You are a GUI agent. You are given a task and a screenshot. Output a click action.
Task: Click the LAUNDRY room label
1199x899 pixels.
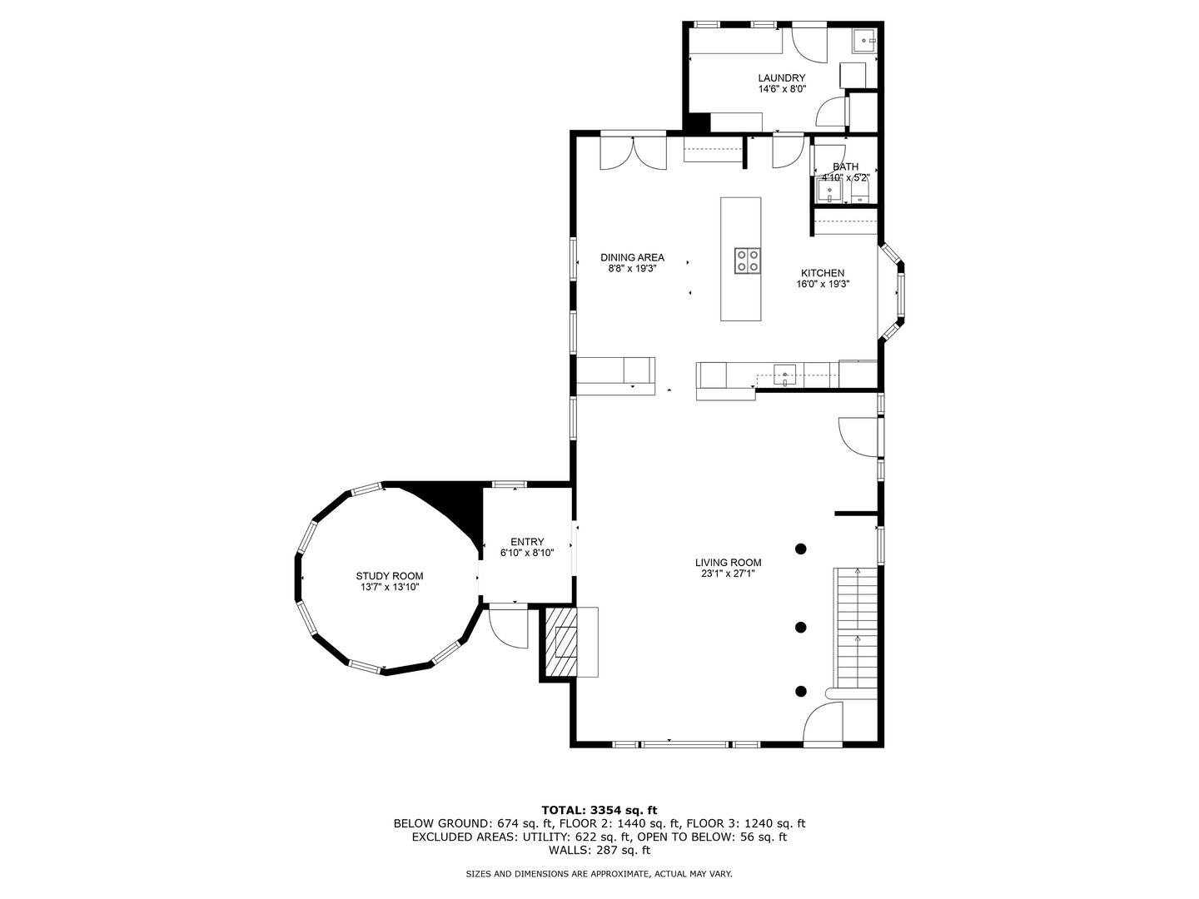pos(781,78)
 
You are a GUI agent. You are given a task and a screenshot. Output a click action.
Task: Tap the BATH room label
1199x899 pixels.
pos(845,166)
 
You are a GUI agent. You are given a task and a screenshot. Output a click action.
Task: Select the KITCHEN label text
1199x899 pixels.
pos(823,273)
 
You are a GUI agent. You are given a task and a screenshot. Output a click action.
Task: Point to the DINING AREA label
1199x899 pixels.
pos(633,257)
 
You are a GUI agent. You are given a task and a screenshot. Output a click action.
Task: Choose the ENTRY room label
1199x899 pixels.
pos(526,542)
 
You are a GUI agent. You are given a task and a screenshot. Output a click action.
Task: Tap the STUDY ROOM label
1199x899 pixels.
pos(389,576)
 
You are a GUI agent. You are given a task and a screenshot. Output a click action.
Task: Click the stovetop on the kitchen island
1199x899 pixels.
pos(747,261)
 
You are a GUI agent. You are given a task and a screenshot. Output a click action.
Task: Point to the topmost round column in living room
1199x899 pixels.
pos(801,549)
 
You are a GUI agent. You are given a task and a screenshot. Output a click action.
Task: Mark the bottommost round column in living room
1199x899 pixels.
pos(801,690)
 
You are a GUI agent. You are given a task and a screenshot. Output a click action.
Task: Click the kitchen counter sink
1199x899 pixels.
pos(785,375)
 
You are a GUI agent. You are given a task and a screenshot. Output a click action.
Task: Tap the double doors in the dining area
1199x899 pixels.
pos(634,152)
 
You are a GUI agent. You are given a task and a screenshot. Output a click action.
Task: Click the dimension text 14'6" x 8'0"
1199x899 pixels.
pos(781,89)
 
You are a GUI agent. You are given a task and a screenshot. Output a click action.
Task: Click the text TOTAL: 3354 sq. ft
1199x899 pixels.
pos(599,809)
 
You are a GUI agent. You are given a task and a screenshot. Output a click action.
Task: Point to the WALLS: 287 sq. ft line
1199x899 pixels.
pos(599,850)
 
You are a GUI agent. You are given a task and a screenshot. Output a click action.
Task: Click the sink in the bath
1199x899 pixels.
pos(829,193)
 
